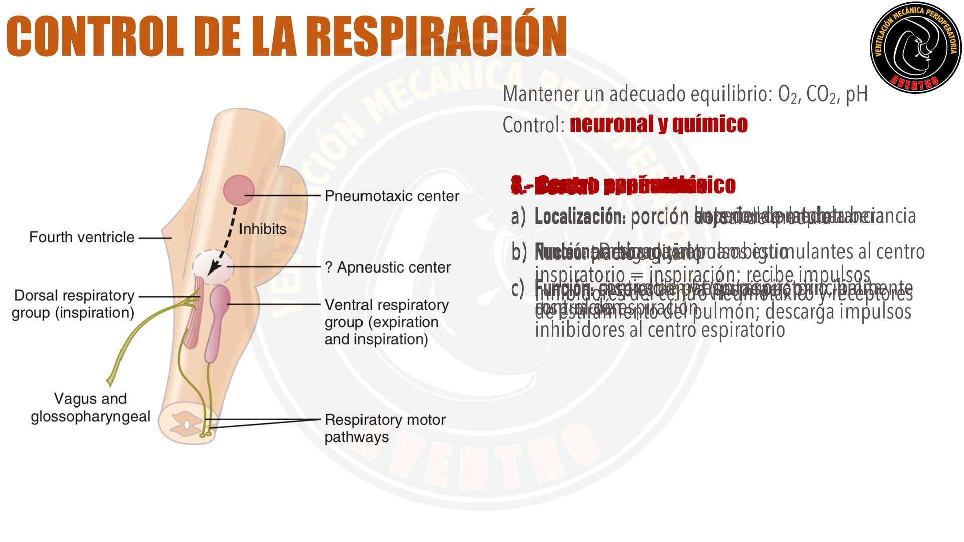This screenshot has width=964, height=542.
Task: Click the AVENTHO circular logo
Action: pos(916,48)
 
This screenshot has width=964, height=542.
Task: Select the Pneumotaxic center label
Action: pos(392,196)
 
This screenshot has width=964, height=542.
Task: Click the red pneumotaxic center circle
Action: pos(238,190)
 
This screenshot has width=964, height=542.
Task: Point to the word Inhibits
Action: pos(262,229)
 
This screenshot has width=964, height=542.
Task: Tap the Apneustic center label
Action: pos(388,267)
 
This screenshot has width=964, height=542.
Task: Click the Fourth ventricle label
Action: pos(81,237)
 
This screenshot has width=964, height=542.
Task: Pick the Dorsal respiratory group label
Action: pos(73,304)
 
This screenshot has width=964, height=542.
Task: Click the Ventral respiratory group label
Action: pos(386,322)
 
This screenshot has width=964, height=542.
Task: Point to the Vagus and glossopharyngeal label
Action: pos(90,408)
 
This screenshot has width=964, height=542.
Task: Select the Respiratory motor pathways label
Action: pos(385,428)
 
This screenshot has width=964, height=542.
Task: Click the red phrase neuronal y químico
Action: pos(658,124)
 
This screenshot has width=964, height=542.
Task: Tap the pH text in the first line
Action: pos(856,94)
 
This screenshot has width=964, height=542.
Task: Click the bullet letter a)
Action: pos(518,217)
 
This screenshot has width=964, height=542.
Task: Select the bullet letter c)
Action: pos(518,289)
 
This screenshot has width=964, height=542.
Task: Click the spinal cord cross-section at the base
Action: pos(187,424)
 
